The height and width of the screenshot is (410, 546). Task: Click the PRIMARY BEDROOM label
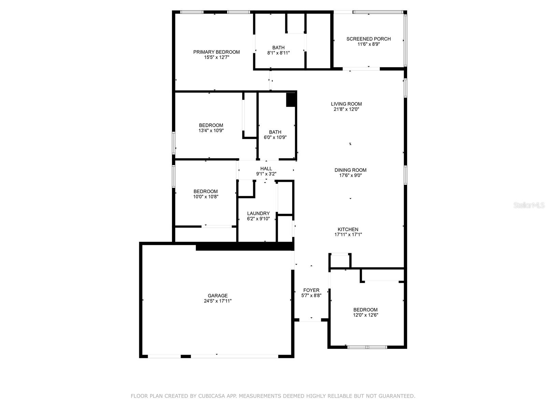216,52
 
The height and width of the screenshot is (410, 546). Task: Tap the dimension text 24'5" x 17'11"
218,301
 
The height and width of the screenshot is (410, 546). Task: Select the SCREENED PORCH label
369,39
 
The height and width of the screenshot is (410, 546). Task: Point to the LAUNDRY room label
258,213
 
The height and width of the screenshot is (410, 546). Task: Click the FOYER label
311,290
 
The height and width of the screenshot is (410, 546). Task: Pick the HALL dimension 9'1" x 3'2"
266,174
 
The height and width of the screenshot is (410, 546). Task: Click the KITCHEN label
348,229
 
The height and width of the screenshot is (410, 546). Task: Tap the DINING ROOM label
350,170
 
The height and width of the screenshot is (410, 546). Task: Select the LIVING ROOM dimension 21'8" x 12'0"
346,109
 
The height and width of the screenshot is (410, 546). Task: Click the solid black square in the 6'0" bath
290,100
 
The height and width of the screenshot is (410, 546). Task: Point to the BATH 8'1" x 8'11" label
278,47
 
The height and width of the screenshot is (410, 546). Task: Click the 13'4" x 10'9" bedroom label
211,125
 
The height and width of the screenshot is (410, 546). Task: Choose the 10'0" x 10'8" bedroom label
205,191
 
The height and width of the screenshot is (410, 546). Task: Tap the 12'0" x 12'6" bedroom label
365,310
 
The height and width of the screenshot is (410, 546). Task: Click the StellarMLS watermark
529,205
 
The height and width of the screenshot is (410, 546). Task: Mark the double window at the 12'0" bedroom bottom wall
367,347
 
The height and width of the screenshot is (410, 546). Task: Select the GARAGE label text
218,296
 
